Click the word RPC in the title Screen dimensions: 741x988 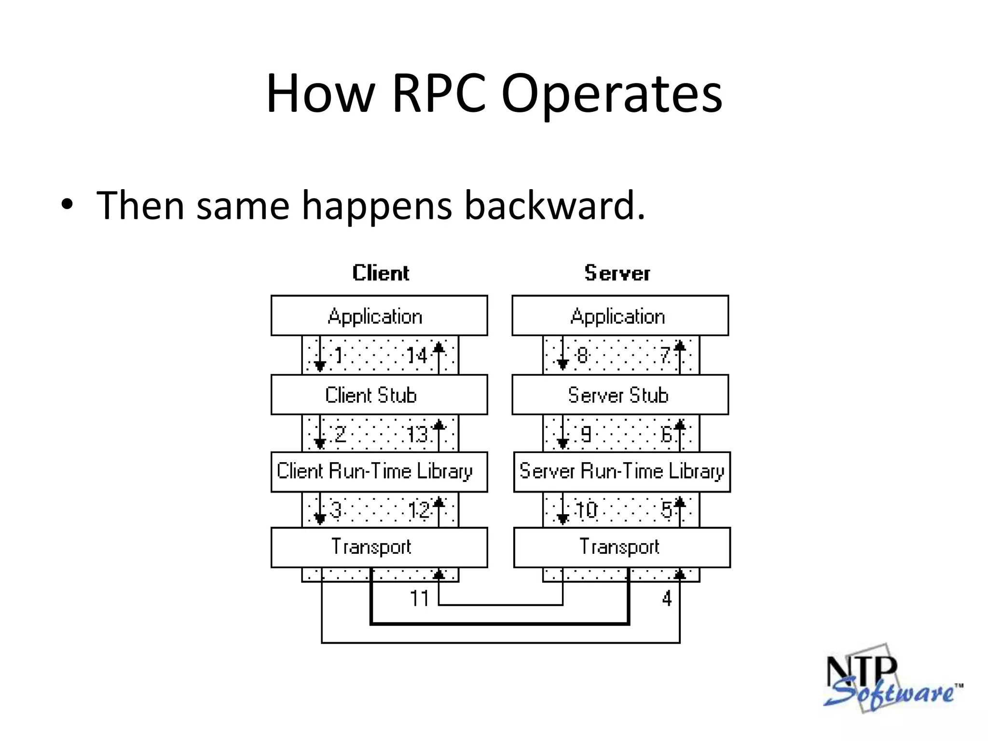[438, 94]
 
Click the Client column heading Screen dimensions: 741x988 [380, 273]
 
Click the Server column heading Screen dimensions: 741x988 [617, 273]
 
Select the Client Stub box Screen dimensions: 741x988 [379, 395]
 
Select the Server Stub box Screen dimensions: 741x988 [620, 395]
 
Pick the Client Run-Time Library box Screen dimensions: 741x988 [379, 471]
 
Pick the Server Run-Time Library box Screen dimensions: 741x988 [622, 471]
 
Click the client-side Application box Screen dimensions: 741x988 [379, 316]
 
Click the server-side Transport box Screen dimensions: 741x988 [622, 547]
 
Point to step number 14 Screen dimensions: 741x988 [417, 356]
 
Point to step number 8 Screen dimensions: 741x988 [583, 356]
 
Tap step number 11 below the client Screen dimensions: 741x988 [419, 599]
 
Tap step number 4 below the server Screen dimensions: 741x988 [667, 599]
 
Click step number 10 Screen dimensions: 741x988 [586, 510]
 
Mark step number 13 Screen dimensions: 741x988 [418, 434]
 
